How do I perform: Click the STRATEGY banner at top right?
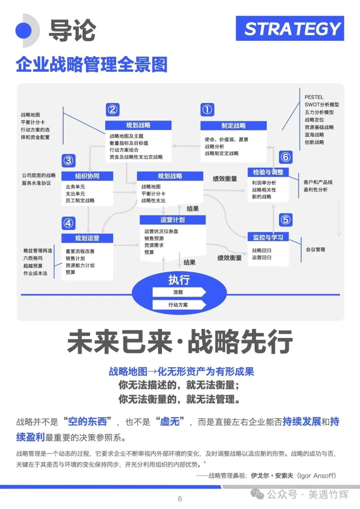pyautogui.click(x=290, y=29)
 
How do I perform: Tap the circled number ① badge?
pyautogui.click(x=207, y=110)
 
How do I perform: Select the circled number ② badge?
pyautogui.click(x=113, y=110)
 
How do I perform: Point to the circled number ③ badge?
pyautogui.click(x=68, y=161)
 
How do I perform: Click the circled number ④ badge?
pyautogui.click(x=68, y=223)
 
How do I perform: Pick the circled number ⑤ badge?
pyautogui.click(x=286, y=220)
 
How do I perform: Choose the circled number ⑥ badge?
pyautogui.click(x=286, y=157)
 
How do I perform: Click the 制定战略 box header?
pyautogui.click(x=233, y=126)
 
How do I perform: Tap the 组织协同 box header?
pyautogui.click(x=87, y=176)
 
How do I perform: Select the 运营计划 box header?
pyautogui.click(x=172, y=220)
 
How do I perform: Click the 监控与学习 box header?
pyautogui.click(x=268, y=237)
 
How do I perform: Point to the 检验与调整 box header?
pyautogui.click(x=268, y=172)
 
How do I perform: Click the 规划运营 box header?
pyautogui.click(x=87, y=238)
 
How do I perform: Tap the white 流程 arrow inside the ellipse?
pyautogui.click(x=178, y=292)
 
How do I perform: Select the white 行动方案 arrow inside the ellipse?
pyautogui.click(x=178, y=305)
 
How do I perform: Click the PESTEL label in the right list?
pyautogui.click(x=314, y=97)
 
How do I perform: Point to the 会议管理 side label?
pyautogui.click(x=315, y=249)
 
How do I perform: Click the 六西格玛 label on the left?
pyautogui.click(x=33, y=258)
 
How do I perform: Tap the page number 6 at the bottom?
pyautogui.click(x=180, y=499)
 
